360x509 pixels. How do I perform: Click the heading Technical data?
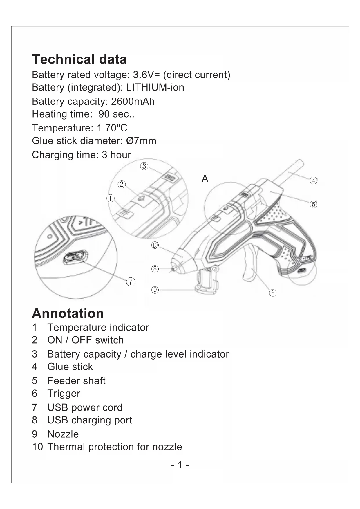click(x=79, y=59)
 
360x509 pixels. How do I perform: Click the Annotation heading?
click(x=68, y=313)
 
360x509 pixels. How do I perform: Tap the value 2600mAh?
click(x=133, y=101)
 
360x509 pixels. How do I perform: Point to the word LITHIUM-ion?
click(x=155, y=87)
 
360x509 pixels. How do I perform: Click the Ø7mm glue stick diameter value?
click(x=141, y=141)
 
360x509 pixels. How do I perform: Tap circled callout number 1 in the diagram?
click(x=110, y=198)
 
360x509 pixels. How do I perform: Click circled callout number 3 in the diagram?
click(x=144, y=166)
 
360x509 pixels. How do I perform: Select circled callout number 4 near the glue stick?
click(x=314, y=181)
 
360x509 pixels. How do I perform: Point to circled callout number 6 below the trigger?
click(x=273, y=293)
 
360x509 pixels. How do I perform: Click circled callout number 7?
click(x=131, y=281)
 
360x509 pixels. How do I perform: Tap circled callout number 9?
click(x=155, y=290)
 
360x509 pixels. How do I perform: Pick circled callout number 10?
click(x=155, y=246)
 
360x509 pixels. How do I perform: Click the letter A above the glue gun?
click(x=205, y=179)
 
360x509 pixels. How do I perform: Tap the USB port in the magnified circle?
click(x=75, y=257)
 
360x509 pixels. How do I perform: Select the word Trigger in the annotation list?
click(x=64, y=394)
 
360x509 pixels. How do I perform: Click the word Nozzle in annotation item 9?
click(x=63, y=434)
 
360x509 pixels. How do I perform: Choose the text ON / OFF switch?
click(x=86, y=340)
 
